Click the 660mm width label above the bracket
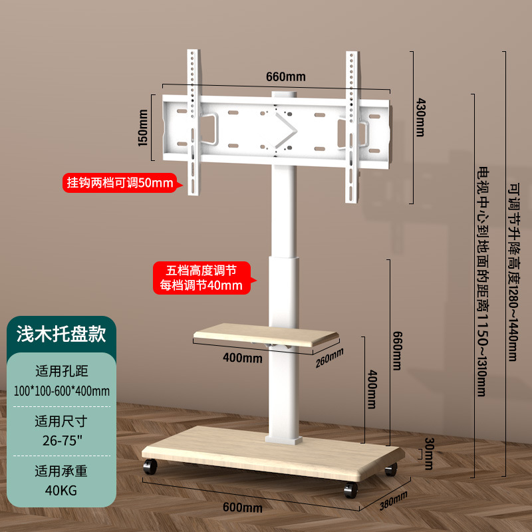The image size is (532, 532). tap(286, 76)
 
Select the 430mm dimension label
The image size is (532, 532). tap(420, 118)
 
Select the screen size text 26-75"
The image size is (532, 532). tap(61, 440)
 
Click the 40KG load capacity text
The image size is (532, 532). tap(61, 491)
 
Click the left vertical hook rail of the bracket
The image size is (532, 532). tap(194, 123)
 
